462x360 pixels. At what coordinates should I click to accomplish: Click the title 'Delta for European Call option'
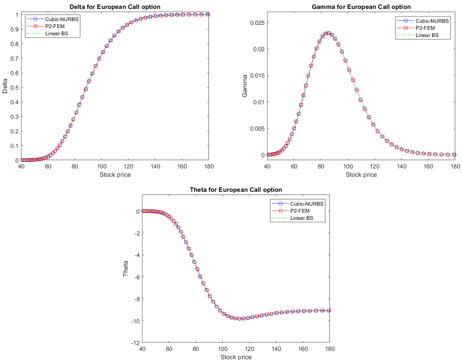[x=115, y=7]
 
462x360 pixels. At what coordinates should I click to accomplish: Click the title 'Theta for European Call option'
[x=236, y=190]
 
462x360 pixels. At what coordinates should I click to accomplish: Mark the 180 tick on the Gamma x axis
[x=455, y=166]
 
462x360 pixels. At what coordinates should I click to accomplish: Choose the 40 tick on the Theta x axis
[x=142, y=349]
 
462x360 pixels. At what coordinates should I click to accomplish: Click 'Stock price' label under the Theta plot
[x=236, y=357]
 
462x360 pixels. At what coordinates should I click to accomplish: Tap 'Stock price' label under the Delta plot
[x=115, y=174]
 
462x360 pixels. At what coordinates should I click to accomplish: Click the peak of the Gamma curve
[x=328, y=33]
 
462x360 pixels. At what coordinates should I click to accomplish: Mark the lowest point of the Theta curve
[x=240, y=319]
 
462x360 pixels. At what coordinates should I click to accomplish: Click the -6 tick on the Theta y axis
[x=136, y=277]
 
